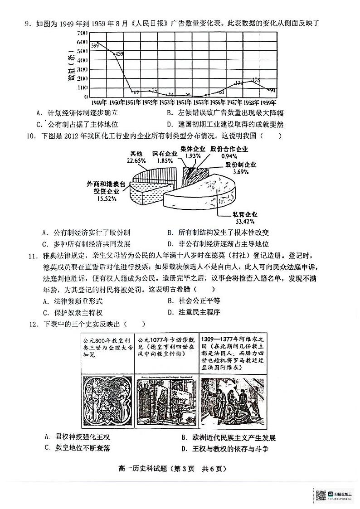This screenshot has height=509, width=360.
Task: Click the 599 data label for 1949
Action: pos(95,45)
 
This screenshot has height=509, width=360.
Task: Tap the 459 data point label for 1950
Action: pos(118,54)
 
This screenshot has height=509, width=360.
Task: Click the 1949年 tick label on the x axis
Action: pos(98,102)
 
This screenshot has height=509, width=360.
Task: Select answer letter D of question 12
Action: pos(184,449)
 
